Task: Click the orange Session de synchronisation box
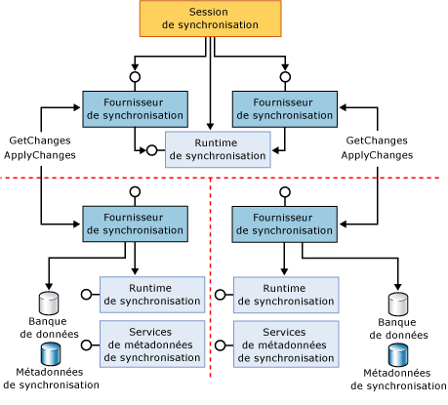210,20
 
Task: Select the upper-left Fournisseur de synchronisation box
134,108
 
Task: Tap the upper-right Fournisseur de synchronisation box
285,108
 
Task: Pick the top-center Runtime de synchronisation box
217,148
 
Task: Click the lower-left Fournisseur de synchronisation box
134,223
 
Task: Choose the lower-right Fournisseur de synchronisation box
285,223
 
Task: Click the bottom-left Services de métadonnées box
151,344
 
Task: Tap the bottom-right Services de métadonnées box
286,344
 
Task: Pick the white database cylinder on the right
398,303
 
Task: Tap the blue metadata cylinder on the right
398,354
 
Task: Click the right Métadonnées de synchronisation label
398,380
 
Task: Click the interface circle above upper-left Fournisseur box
135,76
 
